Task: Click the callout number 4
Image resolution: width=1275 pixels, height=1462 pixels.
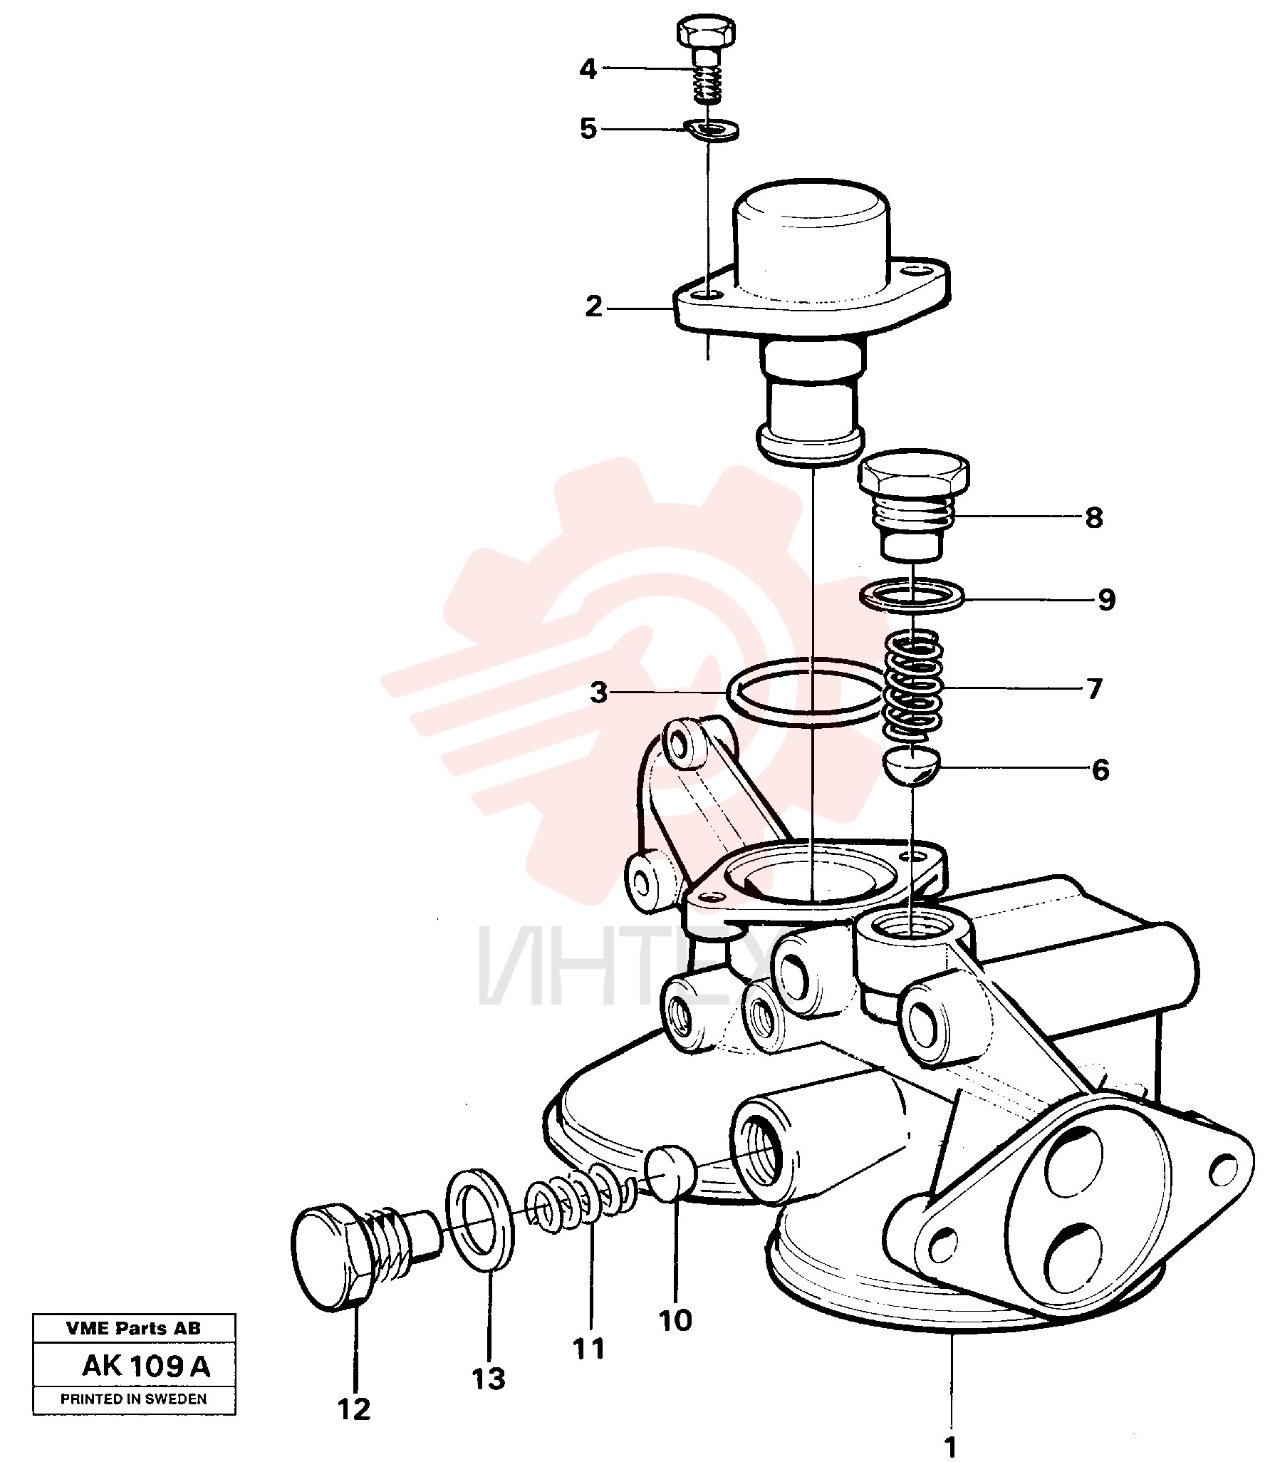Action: tap(588, 70)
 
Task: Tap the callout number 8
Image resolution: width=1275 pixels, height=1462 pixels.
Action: tap(1094, 518)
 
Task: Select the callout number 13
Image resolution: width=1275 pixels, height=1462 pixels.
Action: tap(489, 1379)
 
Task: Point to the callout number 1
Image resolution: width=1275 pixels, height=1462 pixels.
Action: tap(950, 1446)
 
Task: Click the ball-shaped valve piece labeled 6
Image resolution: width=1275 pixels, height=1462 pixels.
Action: tap(912, 768)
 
